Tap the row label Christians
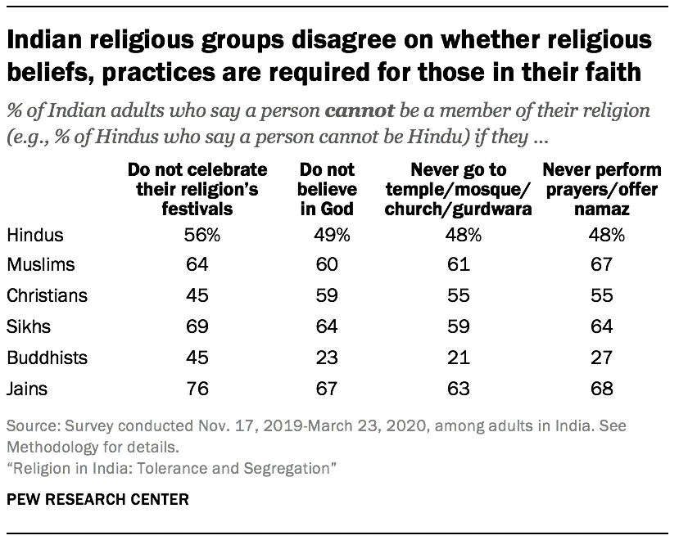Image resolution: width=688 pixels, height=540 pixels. click(x=47, y=295)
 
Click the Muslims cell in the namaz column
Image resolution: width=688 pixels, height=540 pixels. click(x=602, y=265)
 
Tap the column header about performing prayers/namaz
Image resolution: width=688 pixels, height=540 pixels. click(x=602, y=189)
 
